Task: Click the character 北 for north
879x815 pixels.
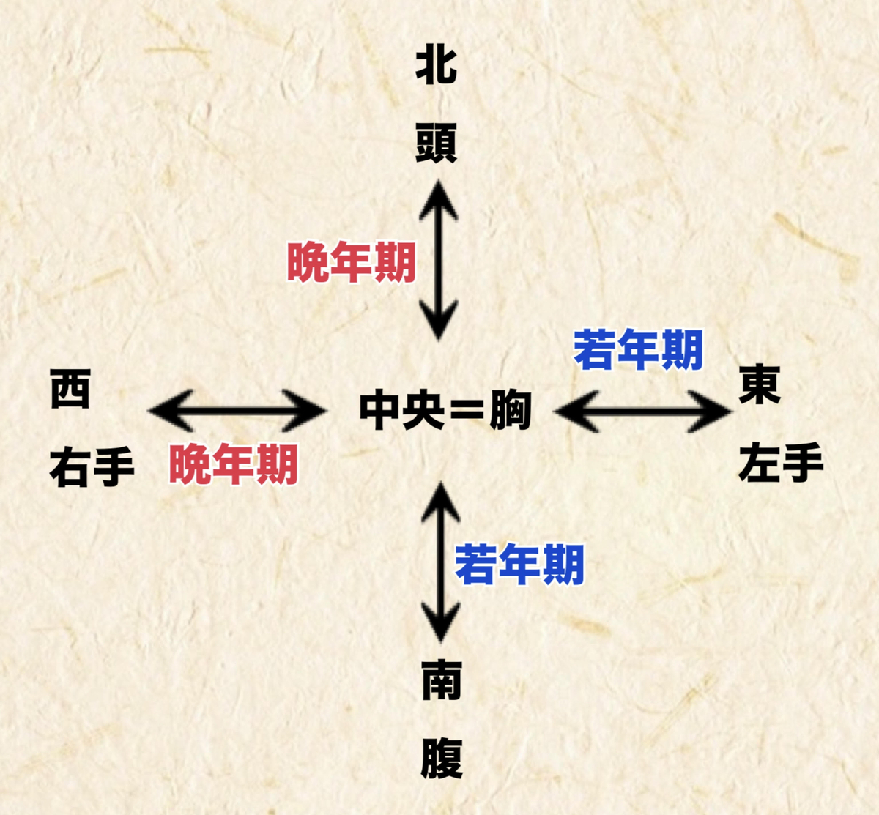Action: [x=437, y=66]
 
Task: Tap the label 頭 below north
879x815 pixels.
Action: [x=437, y=142]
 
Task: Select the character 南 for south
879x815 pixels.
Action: [x=441, y=680]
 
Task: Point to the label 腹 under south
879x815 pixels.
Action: [x=442, y=759]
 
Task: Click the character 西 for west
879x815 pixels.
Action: [x=70, y=389]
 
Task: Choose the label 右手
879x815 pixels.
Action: [x=92, y=466]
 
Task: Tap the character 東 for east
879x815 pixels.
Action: [x=760, y=385]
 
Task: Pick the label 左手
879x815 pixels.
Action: [x=781, y=464]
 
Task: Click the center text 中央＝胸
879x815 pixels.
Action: [x=445, y=411]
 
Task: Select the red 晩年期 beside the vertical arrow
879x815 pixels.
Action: [x=352, y=262]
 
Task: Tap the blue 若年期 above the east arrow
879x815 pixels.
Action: [x=638, y=350]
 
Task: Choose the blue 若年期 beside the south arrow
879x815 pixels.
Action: [x=519, y=565]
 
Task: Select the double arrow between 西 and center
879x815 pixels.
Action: [x=237, y=411]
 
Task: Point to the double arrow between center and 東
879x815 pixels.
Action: [x=642, y=412]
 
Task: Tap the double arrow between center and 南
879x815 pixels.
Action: [x=440, y=562]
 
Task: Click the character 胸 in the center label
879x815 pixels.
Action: [x=510, y=411]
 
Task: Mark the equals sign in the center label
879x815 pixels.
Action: [x=467, y=412]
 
